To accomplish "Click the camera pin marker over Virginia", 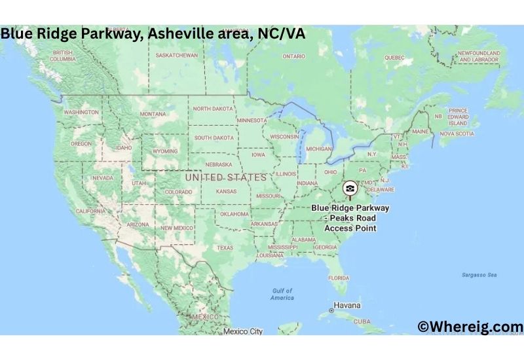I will click(x=350, y=189).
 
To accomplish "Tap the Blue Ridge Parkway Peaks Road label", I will click(x=350, y=218).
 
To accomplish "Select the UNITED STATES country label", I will click(x=226, y=177).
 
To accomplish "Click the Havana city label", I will click(x=347, y=306).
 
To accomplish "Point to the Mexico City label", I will click(x=242, y=331).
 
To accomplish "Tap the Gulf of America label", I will click(x=282, y=294).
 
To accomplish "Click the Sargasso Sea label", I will click(x=479, y=275).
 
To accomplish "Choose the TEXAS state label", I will click(x=225, y=248).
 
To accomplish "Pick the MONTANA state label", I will click(x=153, y=114).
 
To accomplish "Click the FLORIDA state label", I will click(x=339, y=278).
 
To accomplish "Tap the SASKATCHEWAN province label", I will click(x=176, y=55).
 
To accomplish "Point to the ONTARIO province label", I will click(x=293, y=56).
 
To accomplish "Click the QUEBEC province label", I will click(x=394, y=57).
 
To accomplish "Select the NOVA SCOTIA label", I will click(x=457, y=134).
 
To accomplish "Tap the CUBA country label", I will click(x=362, y=321).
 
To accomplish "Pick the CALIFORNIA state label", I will click(x=91, y=211).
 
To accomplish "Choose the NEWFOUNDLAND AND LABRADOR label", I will click(x=479, y=56).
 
